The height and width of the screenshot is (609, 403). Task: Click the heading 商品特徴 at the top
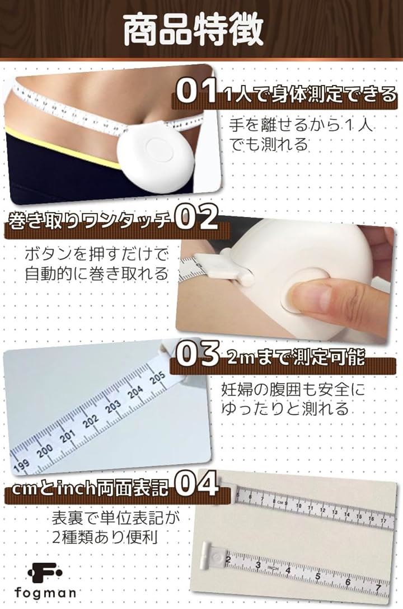click(x=194, y=30)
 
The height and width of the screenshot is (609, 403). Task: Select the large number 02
click(x=196, y=218)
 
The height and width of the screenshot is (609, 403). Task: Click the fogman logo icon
click(x=45, y=573)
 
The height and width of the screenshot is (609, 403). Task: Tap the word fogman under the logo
click(x=45, y=592)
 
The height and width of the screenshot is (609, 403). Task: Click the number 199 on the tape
click(x=21, y=466)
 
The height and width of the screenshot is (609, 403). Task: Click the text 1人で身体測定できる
click(x=310, y=95)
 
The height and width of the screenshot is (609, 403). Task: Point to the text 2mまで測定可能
click(x=296, y=357)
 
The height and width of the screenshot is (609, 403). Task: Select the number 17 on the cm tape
click(x=383, y=520)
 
